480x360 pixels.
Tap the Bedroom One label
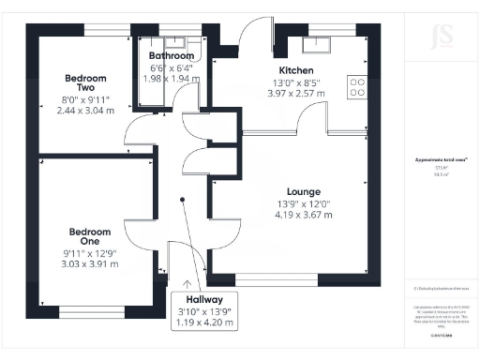tap(89, 237)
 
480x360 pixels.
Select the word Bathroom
tap(171, 56)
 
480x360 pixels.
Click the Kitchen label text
tap(295, 70)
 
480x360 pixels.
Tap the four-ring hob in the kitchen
tap(357, 87)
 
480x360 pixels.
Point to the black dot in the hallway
tap(183, 199)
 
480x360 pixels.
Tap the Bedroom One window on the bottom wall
tap(93, 310)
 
